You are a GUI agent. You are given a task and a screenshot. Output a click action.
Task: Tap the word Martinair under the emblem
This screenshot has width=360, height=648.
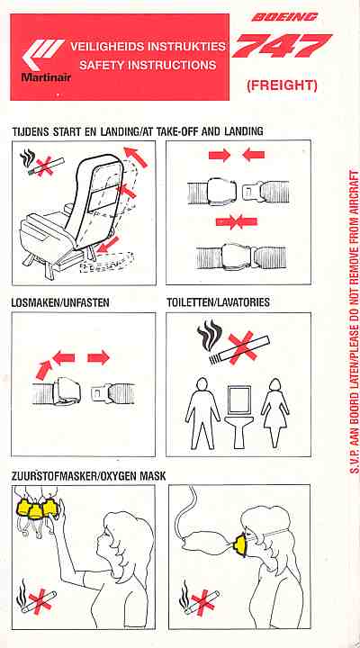46,76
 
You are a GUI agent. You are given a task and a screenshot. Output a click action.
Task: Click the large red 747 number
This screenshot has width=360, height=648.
281,46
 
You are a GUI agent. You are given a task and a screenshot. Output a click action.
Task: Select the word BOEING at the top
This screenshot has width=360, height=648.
284,17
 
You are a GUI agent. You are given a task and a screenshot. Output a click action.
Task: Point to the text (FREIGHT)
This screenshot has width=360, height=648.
282,85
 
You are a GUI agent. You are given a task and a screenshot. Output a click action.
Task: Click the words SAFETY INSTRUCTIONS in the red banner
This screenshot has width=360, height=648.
148,66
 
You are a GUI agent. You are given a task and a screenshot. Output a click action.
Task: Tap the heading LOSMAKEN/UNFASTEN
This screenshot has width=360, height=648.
61,302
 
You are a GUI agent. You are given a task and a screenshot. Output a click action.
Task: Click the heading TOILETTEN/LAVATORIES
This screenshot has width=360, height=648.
218,302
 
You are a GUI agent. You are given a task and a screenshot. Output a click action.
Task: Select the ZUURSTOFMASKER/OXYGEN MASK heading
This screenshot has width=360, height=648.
89,476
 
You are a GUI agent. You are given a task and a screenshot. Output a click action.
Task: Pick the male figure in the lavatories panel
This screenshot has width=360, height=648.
202,413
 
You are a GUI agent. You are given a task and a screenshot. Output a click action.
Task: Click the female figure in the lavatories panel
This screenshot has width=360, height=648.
274,413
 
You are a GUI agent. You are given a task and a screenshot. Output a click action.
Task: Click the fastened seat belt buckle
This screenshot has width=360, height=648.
238,257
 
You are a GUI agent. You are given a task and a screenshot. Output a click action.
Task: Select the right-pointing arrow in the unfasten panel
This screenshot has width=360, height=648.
98,357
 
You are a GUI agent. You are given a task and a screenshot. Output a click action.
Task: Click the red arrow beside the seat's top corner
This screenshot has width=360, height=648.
136,157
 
